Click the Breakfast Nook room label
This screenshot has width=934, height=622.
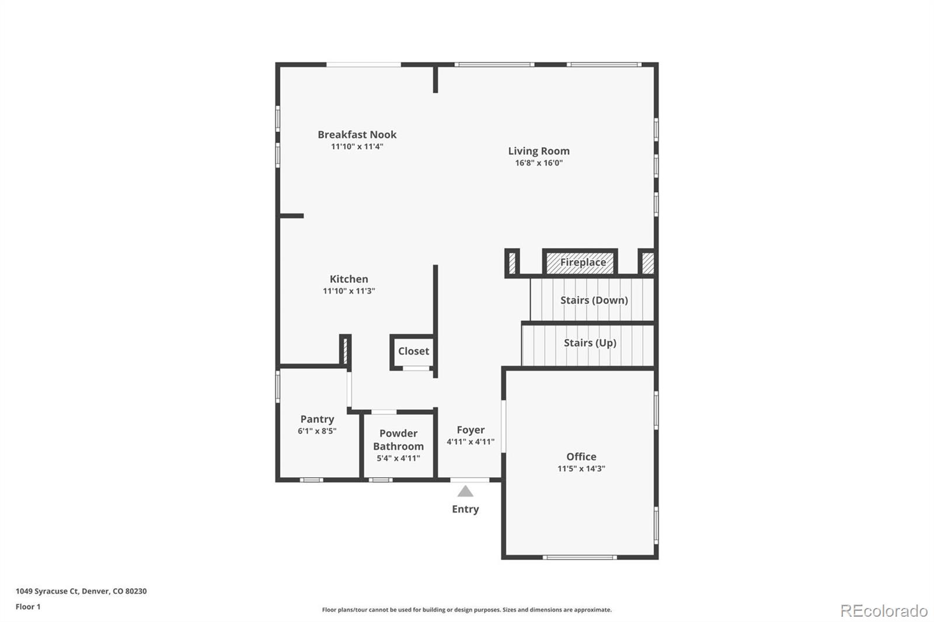point(357,135)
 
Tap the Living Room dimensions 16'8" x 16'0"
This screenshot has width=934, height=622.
point(538,163)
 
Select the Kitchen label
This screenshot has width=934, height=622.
point(348,279)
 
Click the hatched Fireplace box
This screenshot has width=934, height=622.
point(580,263)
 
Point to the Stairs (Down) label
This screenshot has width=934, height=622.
point(594,300)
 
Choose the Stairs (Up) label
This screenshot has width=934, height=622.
point(590,343)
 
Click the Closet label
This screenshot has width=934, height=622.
point(413,351)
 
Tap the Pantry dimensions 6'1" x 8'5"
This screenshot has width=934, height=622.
point(317,431)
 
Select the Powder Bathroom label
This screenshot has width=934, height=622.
point(398,439)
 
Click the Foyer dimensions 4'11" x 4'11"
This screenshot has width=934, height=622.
point(471,442)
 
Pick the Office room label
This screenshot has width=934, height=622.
point(581,457)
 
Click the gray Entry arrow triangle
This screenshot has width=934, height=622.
point(465,492)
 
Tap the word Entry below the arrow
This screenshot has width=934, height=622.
point(465,509)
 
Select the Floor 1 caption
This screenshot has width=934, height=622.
point(28,607)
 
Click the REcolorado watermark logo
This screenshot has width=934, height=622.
point(884,611)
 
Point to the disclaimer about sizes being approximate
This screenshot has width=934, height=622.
point(466,610)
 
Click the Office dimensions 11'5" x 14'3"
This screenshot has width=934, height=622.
point(581,469)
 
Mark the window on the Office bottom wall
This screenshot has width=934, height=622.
point(579,557)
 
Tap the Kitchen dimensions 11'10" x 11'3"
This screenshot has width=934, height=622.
point(348,291)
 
